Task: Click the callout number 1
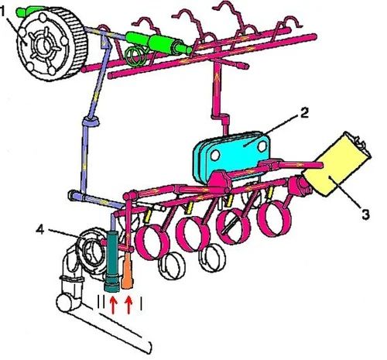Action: pos(2,12)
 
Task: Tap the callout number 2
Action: pos(304,112)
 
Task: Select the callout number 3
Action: pos(365,214)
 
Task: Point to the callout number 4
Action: pos(40,229)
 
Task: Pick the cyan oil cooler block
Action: pos(231,156)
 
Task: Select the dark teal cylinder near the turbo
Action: pos(112,261)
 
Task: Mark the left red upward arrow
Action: pos(112,305)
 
